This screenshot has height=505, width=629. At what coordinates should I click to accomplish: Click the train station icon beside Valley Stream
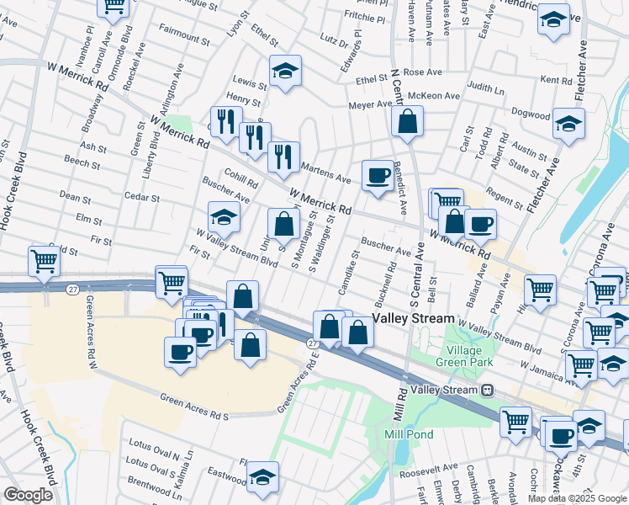487,391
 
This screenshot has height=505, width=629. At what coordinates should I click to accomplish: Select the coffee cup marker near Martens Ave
378,176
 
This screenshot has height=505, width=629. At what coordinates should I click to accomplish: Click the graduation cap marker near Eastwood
262,477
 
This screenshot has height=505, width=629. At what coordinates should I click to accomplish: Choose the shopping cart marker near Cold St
44,260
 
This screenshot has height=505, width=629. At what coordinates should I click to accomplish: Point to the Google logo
28,494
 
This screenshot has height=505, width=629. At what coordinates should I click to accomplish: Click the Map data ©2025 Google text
577,498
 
